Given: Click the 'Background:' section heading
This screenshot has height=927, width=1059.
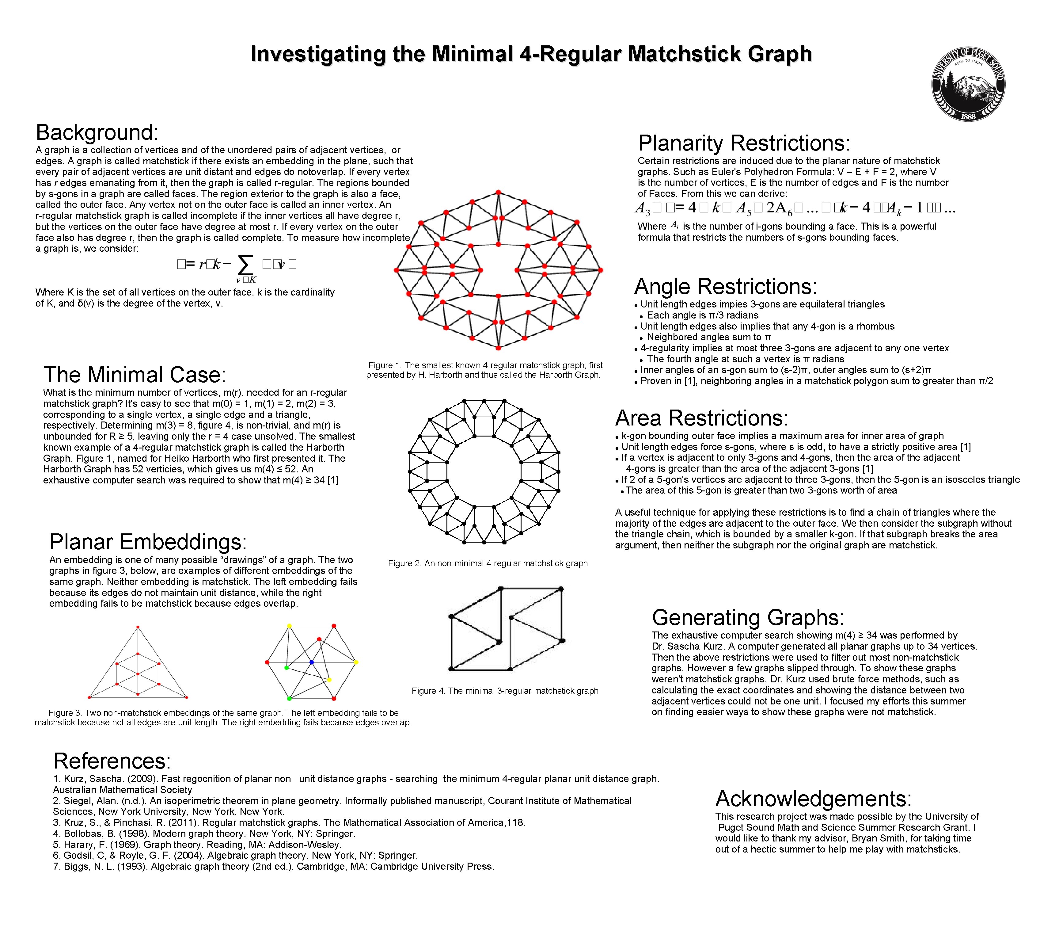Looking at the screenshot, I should (x=97, y=132).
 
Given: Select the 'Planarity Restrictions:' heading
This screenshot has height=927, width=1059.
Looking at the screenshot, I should (x=744, y=143).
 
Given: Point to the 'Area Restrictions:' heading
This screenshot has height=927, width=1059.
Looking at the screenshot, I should (x=702, y=418).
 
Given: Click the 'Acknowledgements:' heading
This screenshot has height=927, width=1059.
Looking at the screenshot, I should (x=813, y=799).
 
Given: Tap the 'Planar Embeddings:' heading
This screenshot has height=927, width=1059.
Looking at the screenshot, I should (x=148, y=542).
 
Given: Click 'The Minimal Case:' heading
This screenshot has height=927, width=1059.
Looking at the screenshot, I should (x=135, y=375).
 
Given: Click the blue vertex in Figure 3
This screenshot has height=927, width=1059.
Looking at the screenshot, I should (x=311, y=662).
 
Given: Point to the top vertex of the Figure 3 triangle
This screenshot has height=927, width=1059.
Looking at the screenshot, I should (x=138, y=628).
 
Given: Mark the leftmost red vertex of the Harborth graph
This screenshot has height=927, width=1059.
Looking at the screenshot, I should (x=397, y=270).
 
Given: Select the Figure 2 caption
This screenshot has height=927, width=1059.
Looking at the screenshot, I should (x=488, y=563).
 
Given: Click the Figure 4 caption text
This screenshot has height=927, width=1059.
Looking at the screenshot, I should (x=505, y=691).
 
